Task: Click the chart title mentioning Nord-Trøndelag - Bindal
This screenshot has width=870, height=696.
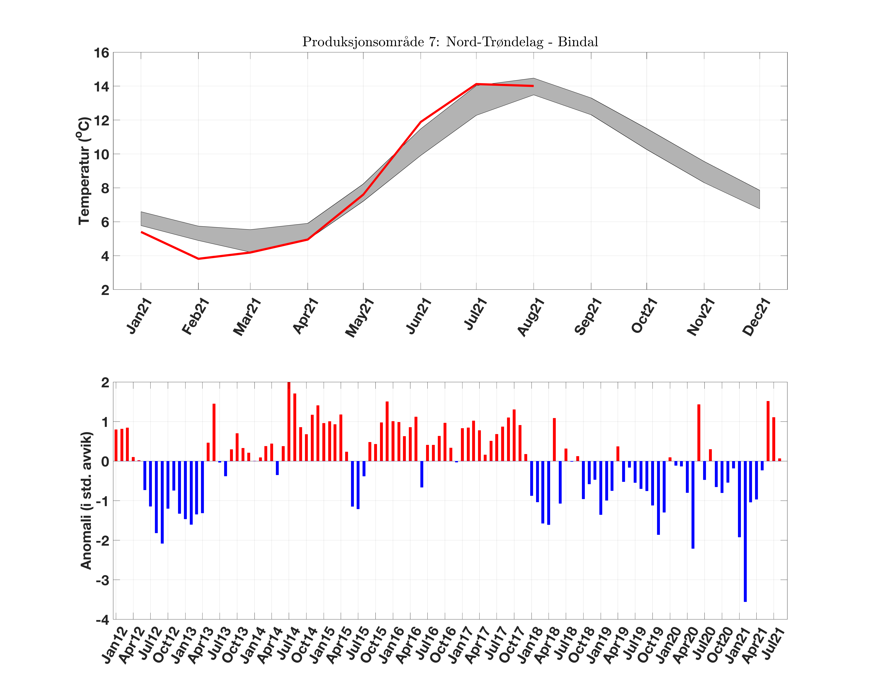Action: [x=450, y=42]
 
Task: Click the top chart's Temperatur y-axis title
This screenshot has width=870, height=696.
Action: [x=84, y=171]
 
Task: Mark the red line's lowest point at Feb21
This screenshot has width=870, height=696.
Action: [x=198, y=259]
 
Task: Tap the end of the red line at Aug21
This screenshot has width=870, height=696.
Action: [x=533, y=86]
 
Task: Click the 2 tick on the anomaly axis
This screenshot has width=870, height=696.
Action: [x=105, y=383]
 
